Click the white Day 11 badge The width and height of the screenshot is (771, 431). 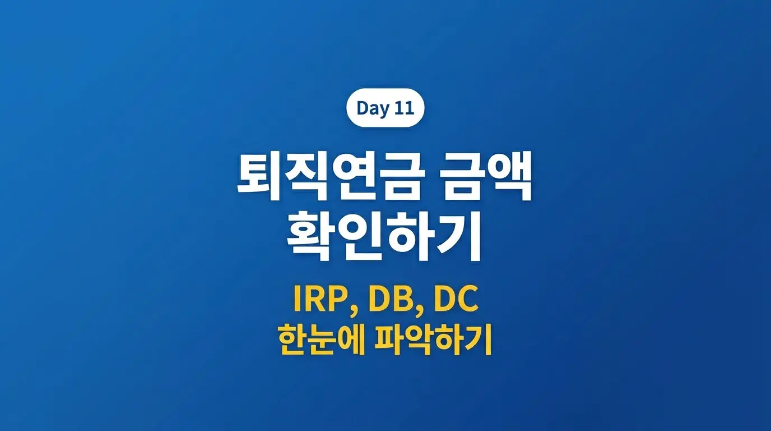pos(385,108)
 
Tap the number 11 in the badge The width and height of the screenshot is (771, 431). pos(403,108)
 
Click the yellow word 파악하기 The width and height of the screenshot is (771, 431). pos(438,340)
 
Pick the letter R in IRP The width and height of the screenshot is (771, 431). pos(318,301)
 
